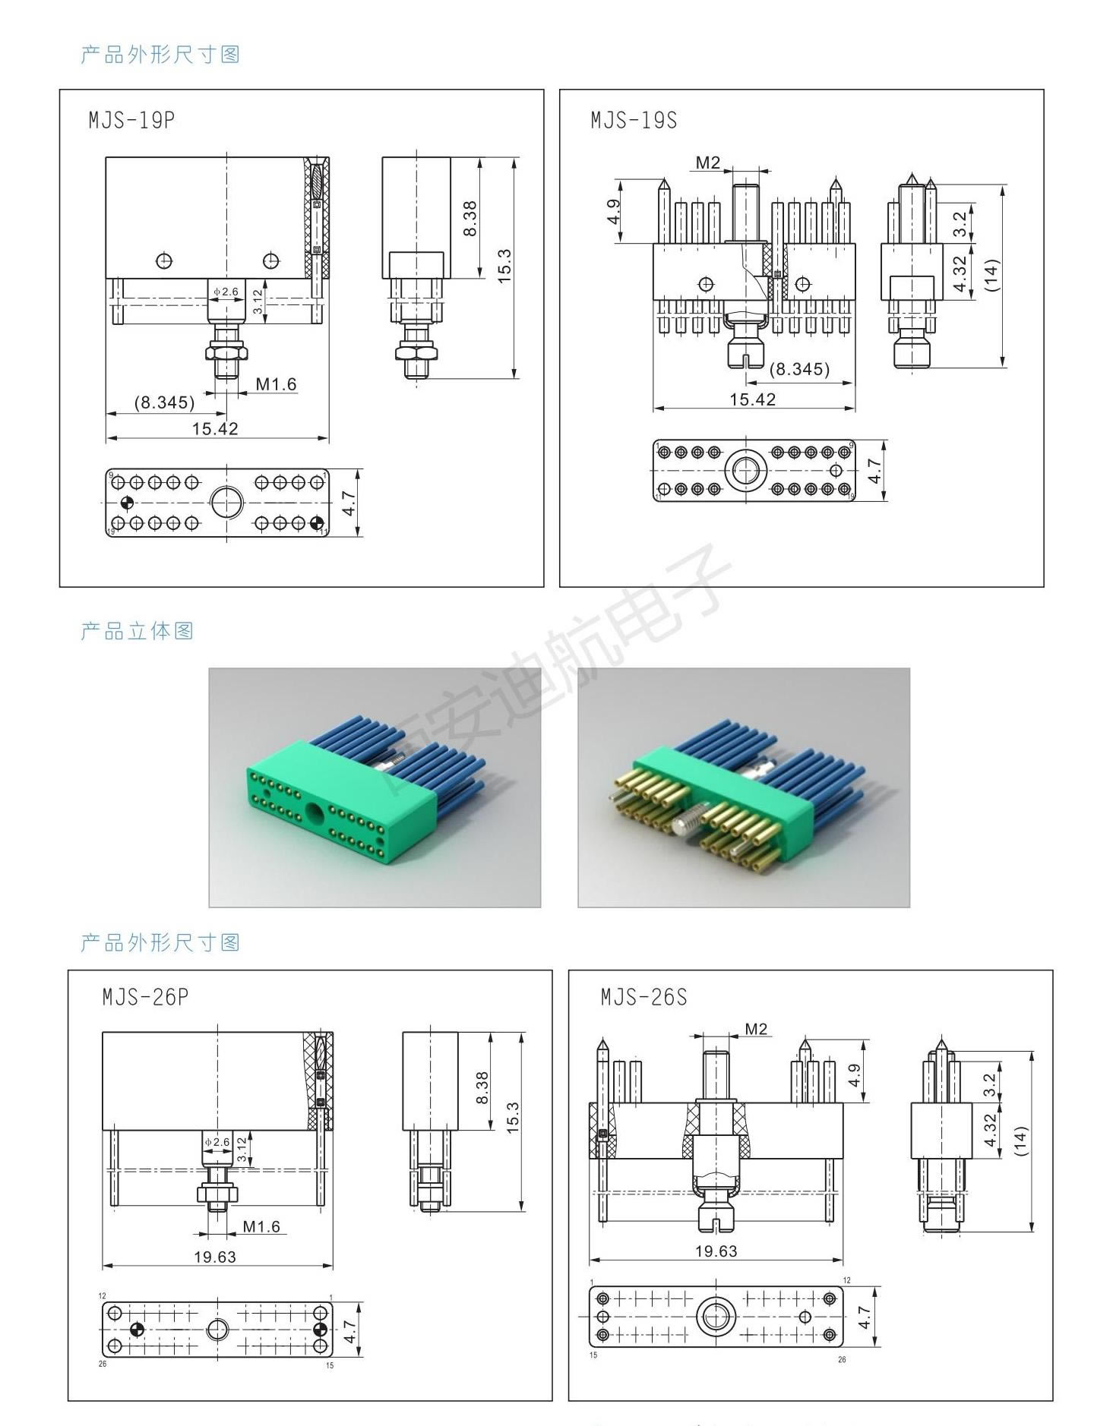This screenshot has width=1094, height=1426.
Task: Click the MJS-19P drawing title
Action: pos(131,121)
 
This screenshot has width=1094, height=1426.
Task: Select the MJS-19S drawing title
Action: pos(634,121)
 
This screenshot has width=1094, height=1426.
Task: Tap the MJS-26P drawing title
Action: pos(145,996)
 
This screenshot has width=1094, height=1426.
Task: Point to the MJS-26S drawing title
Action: pos(643,996)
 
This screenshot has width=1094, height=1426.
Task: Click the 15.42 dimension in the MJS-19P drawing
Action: pos(215,429)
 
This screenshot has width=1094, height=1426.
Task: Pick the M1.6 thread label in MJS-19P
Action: pos(276,384)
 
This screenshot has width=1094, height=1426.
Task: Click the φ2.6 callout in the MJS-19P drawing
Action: pos(226,292)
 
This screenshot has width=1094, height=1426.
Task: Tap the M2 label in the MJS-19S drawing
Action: pos(707,162)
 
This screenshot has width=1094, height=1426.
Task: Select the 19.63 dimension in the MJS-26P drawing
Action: pos(215,1257)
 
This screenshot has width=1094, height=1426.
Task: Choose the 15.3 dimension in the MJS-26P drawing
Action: pos(511,1116)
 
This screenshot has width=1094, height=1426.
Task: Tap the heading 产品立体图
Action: pos(138,631)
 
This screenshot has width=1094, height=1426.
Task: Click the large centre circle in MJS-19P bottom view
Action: pos(227,503)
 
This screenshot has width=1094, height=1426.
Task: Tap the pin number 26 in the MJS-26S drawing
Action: pos(842,1359)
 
